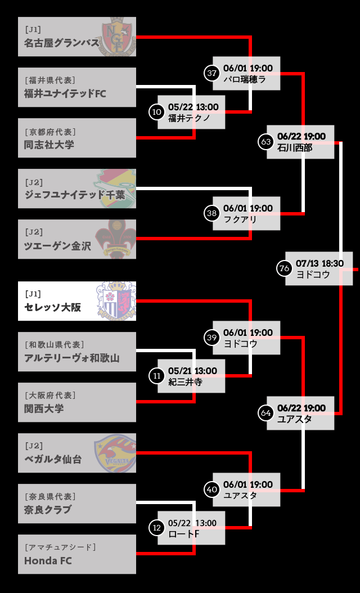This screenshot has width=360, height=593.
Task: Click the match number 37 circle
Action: point(212,73)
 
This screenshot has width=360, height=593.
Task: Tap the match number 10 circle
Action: point(157,112)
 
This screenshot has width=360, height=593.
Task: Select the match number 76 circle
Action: point(285,268)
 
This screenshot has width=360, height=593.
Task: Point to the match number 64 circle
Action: point(266,413)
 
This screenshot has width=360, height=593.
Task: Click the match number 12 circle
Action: point(157,528)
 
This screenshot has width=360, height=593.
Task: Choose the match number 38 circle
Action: point(212,213)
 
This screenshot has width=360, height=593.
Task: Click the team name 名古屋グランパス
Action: point(61,43)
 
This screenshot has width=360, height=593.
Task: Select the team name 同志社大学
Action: point(49,144)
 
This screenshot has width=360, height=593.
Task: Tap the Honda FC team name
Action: point(48,560)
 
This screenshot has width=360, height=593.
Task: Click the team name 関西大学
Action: point(44,408)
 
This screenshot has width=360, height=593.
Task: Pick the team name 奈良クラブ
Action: point(48,510)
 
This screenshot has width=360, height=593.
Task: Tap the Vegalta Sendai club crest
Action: point(116,453)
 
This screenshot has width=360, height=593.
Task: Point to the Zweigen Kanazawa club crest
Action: point(116,239)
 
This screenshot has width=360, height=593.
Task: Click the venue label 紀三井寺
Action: point(185,383)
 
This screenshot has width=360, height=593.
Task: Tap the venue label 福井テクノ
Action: point(189,118)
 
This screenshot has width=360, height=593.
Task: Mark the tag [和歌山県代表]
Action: point(54,344)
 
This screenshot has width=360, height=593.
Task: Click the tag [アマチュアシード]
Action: point(60,547)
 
